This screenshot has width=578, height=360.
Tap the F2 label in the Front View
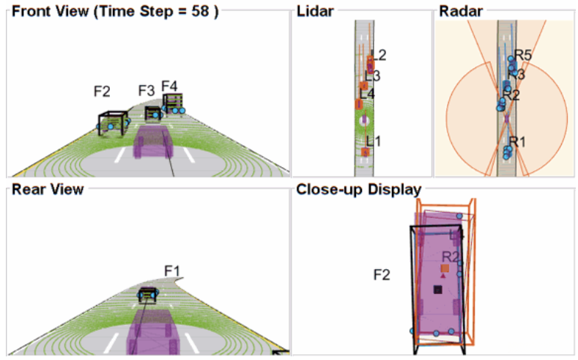(102, 92)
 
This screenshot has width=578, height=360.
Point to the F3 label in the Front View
(147, 91)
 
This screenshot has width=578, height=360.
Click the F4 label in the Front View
(169, 85)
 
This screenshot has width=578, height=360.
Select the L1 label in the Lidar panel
(374, 140)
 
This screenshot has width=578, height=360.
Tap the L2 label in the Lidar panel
(379, 55)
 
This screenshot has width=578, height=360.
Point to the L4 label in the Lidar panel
(367, 94)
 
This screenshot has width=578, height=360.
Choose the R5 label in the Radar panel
(522, 54)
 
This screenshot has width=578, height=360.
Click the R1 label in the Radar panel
(518, 142)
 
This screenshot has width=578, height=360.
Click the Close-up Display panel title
(358, 190)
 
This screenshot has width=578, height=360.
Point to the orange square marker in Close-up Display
(444, 269)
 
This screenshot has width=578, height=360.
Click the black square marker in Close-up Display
(438, 290)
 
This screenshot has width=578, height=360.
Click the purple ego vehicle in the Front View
(153, 142)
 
